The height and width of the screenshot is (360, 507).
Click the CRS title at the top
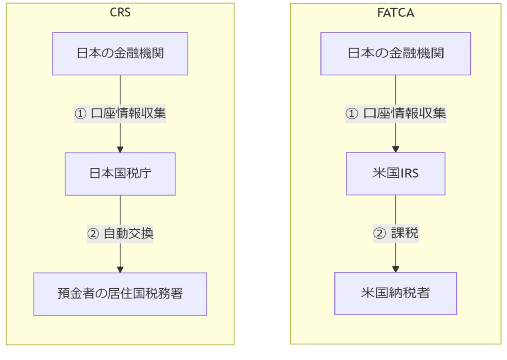click(x=120, y=12)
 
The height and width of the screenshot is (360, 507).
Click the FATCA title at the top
click(x=396, y=12)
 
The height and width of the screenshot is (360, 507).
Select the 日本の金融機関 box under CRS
click(x=120, y=53)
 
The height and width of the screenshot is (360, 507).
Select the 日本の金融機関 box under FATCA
click(x=396, y=53)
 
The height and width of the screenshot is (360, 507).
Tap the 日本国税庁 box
click(x=120, y=174)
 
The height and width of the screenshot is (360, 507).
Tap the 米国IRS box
click(x=396, y=174)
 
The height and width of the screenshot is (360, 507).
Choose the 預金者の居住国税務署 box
click(x=120, y=294)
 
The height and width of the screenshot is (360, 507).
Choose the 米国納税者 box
click(x=396, y=293)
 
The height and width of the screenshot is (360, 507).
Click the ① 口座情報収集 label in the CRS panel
click(x=120, y=113)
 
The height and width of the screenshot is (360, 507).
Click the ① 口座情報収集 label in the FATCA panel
click(x=396, y=113)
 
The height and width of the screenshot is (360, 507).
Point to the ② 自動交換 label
click(x=120, y=234)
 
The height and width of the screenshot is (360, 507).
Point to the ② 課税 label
click(x=396, y=233)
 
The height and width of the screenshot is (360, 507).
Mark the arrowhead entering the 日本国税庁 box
click(x=120, y=150)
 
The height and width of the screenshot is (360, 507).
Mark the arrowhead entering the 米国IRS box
click(x=396, y=149)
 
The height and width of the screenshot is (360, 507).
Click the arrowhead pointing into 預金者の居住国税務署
click(x=120, y=269)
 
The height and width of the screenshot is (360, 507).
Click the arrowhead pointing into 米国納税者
click(x=396, y=269)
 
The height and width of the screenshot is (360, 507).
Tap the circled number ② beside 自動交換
click(x=93, y=234)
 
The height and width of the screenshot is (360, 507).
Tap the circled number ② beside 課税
click(x=379, y=234)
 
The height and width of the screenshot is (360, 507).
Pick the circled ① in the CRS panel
click(x=81, y=114)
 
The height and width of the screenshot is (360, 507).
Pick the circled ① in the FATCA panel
click(x=352, y=114)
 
